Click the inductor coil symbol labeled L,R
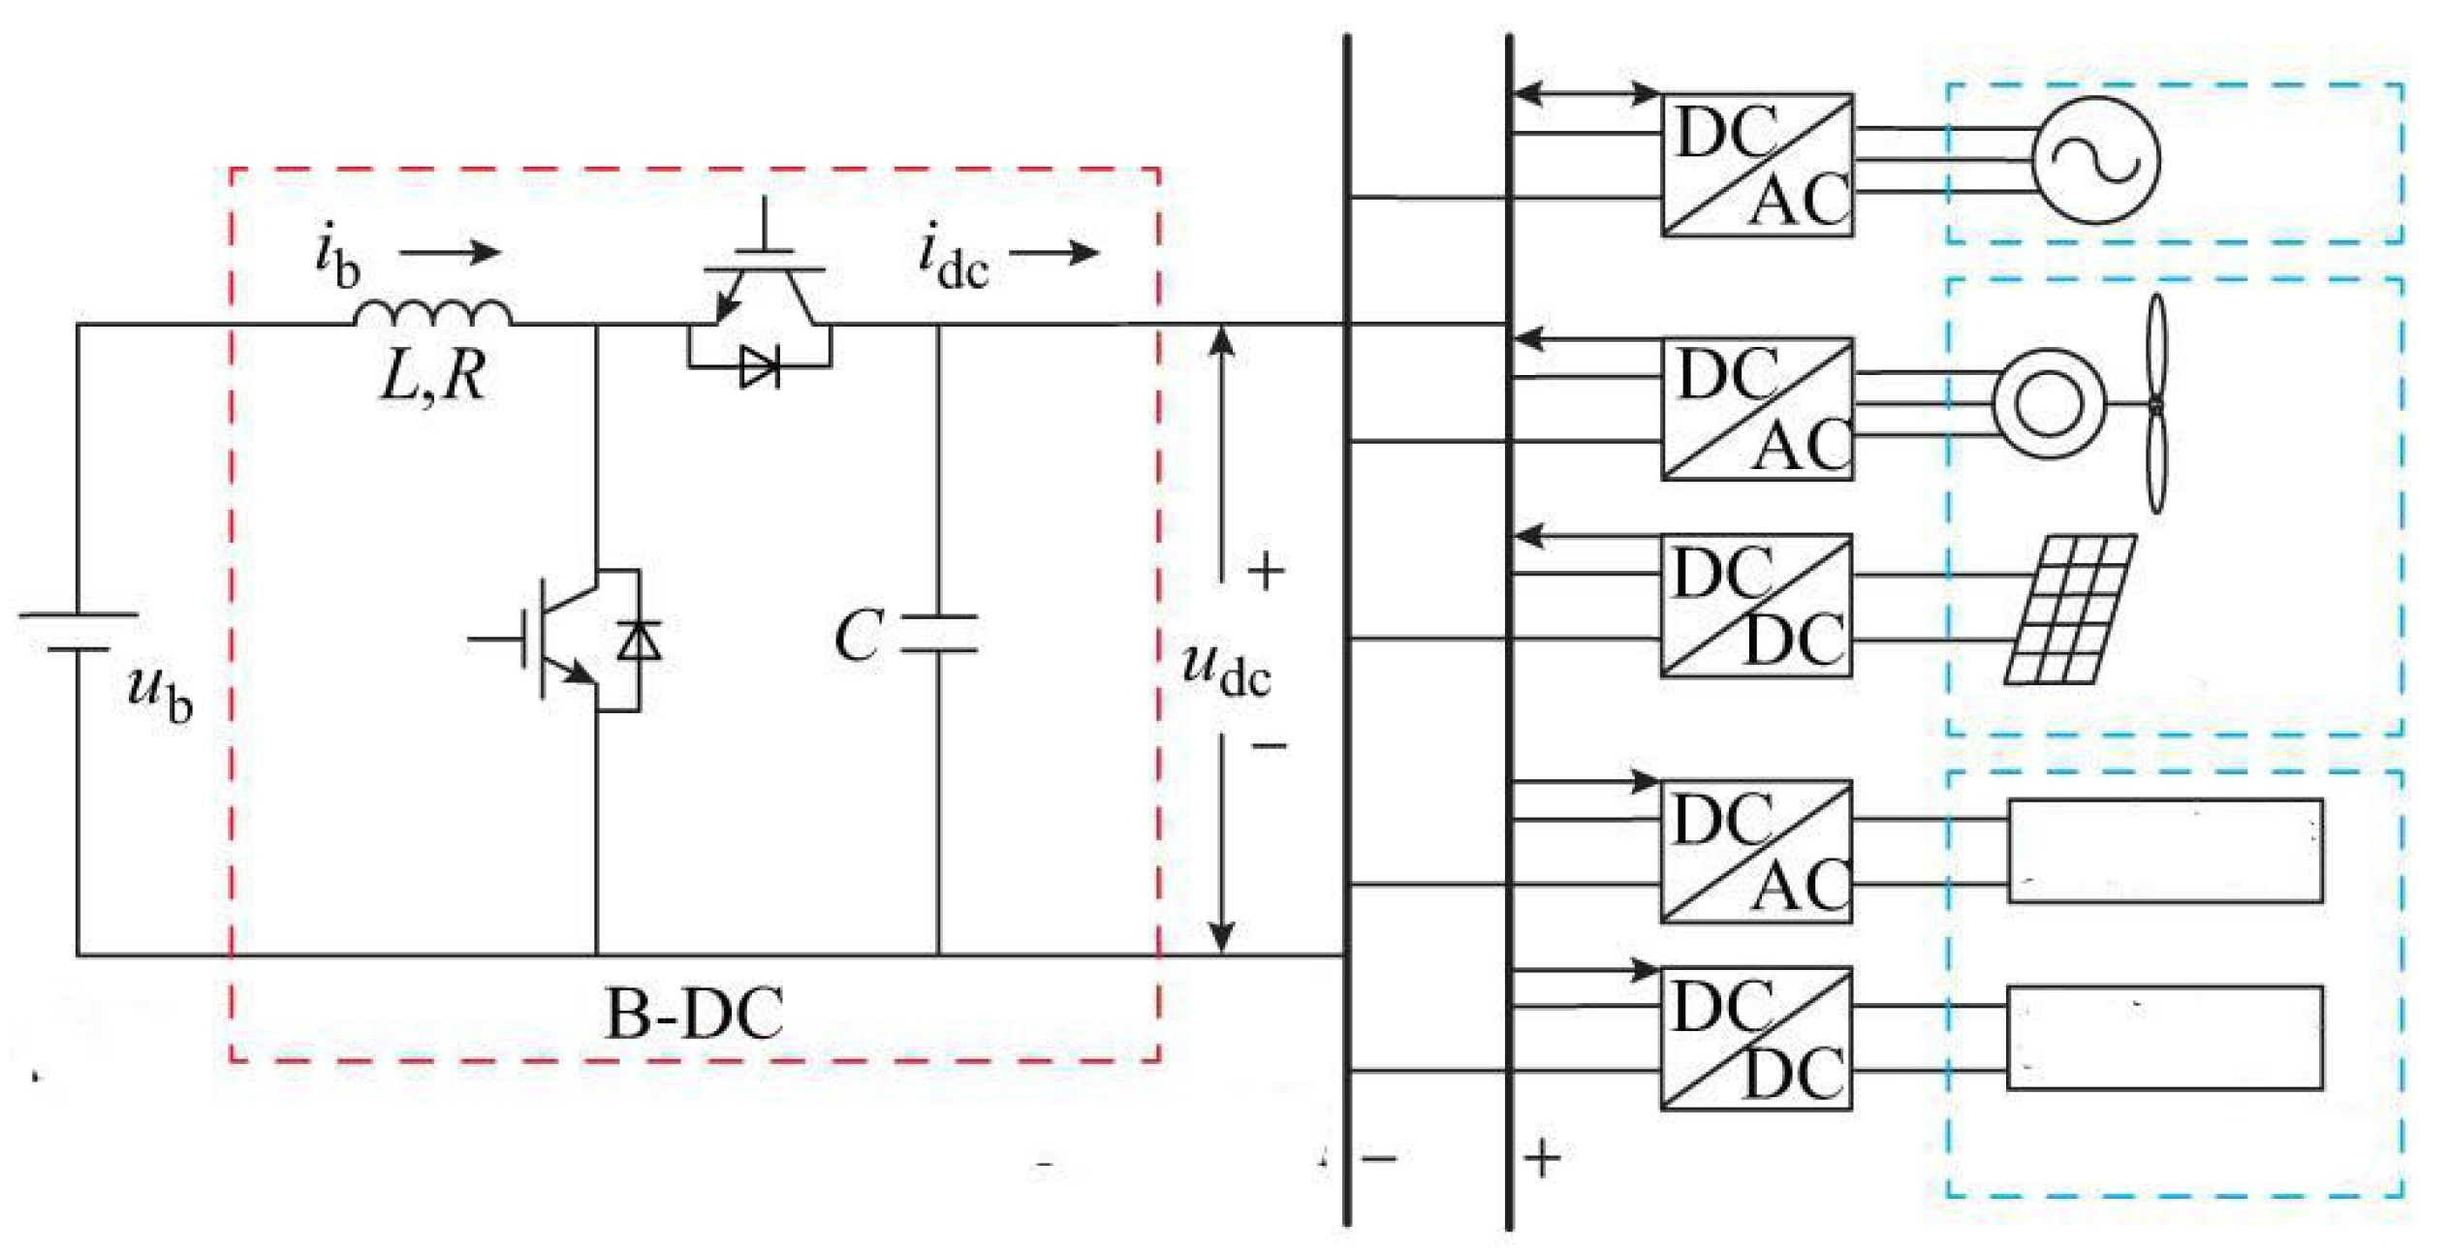pos(432,313)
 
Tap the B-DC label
pos(694,1015)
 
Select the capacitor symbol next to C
pos(938,633)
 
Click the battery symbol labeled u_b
pos(78,631)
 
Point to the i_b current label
pos(337,257)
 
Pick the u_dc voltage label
pos(1225,669)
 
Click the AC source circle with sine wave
pos(2095,160)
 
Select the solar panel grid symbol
pos(2070,609)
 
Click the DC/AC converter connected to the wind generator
pos(1756,409)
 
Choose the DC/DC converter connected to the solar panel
pos(1756,605)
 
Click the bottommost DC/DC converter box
pos(1756,1039)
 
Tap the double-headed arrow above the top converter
pos(1586,94)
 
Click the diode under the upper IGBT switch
pos(758,368)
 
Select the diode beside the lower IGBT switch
pos(640,641)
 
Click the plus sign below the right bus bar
pos(1543,1158)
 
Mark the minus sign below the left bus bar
pos(1379,1158)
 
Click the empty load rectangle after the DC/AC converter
pos(2165,851)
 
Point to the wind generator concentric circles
pos(2049,403)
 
